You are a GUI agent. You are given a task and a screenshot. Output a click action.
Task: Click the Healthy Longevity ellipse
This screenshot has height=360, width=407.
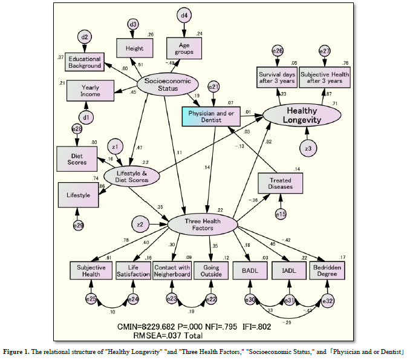[x=301, y=116]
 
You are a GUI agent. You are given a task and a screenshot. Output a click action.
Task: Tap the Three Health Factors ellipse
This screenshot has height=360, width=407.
[x=203, y=224]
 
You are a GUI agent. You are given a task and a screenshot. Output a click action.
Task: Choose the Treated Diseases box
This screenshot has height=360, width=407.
[x=280, y=183]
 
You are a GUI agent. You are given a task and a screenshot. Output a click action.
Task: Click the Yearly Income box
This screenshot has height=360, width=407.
[x=90, y=91]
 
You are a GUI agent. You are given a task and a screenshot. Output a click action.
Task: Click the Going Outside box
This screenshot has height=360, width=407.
[x=212, y=270]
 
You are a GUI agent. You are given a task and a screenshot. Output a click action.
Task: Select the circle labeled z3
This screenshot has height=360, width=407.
[x=309, y=148]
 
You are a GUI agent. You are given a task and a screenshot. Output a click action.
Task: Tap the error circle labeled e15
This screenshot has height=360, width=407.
[x=280, y=214]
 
